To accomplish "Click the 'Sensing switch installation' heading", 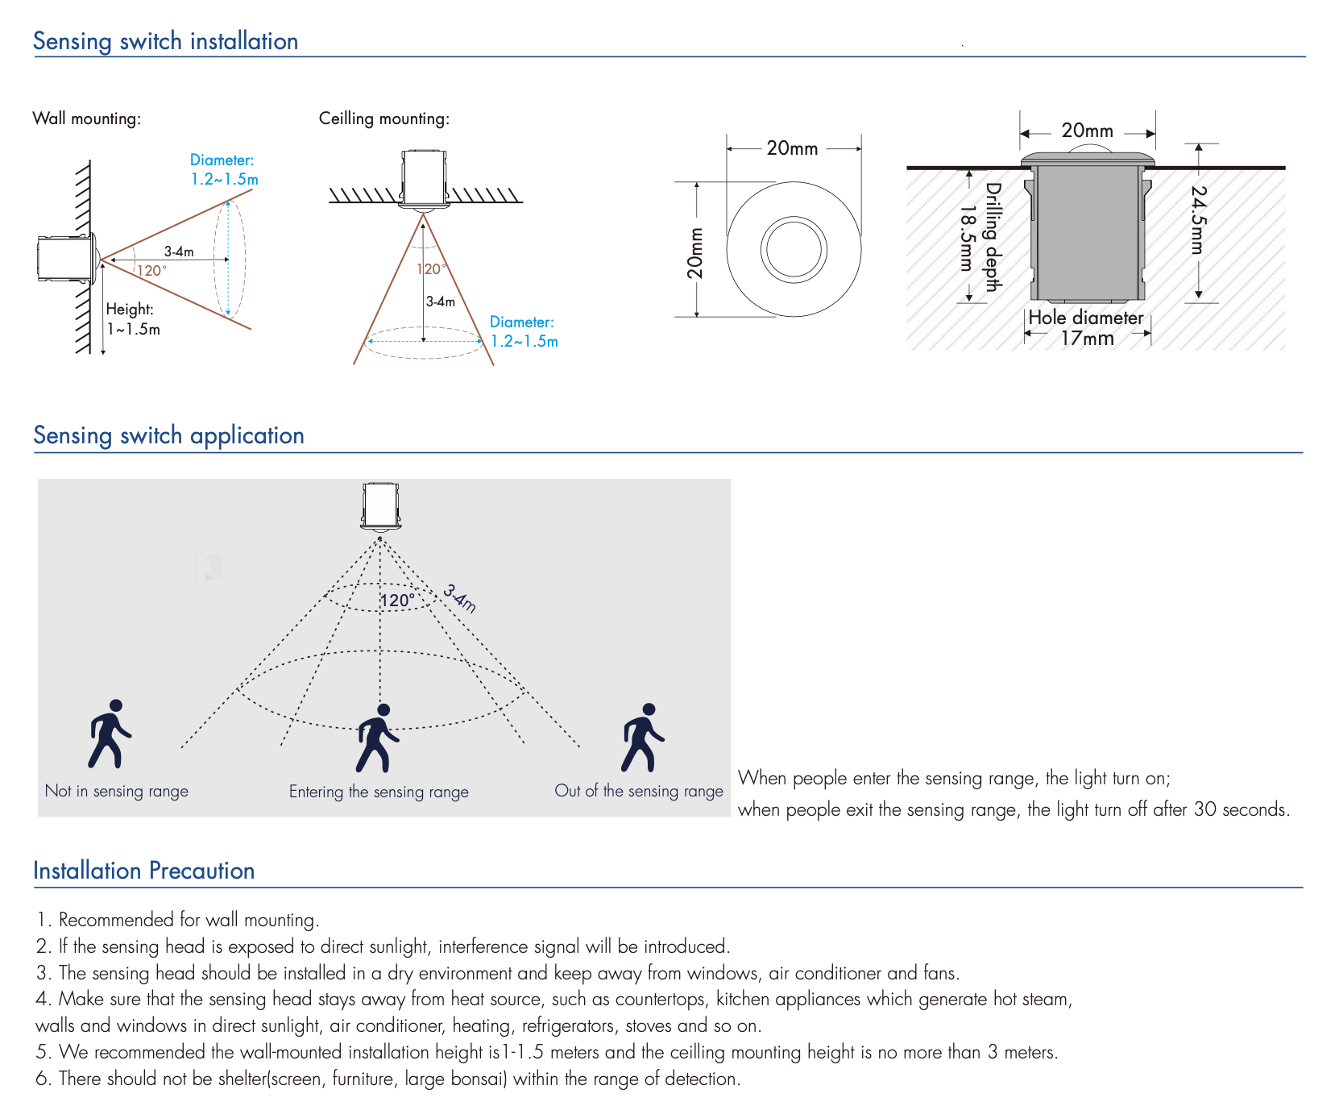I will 165,41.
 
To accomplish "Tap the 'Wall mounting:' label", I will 86,118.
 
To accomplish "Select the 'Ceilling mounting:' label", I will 383,118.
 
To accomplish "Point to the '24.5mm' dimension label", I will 1199,220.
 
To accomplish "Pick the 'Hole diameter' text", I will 1085,318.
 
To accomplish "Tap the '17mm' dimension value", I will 1087,339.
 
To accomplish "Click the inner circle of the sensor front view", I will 794,249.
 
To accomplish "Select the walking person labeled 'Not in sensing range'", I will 110,734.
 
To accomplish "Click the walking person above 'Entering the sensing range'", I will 377,738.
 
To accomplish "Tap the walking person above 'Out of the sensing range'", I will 642,738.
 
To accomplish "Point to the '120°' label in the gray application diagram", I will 397,601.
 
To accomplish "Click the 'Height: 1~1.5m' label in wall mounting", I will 133,319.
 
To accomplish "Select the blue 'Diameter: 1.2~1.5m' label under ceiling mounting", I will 524,331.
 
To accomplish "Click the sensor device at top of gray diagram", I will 380,506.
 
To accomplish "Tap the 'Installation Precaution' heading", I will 143,871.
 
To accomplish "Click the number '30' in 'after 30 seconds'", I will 1205,809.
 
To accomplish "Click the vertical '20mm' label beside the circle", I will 694,253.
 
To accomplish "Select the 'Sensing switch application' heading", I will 168,435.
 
